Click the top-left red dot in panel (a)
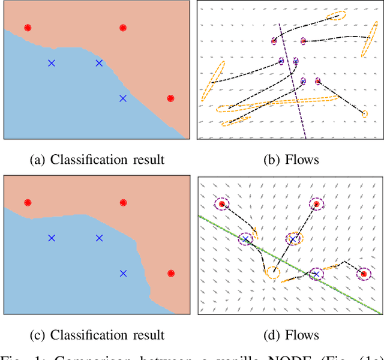28,28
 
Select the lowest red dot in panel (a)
170,98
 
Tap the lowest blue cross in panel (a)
123,98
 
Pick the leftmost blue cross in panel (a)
52,63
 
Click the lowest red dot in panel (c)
170,274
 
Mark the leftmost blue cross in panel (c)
52,238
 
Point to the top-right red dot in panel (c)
123,203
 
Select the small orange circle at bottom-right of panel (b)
365,113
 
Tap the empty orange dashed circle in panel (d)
273,273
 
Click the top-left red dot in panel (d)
222,205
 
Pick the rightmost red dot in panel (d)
362,274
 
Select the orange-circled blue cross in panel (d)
293,239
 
